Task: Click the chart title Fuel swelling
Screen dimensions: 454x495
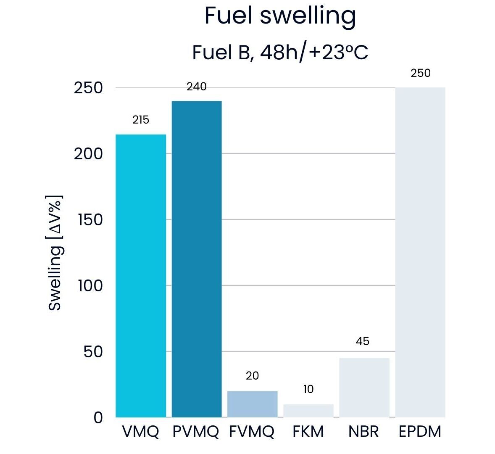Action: tap(280, 16)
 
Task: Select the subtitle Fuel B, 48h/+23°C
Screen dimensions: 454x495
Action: tap(280, 53)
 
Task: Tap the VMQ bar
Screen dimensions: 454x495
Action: tap(141, 275)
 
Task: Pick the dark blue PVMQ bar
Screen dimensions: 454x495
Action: tap(197, 259)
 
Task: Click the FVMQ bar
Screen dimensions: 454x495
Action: tap(253, 404)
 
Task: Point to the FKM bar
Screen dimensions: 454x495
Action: tap(308, 411)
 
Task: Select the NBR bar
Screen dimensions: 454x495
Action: tap(364, 388)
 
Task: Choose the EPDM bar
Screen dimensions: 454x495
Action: tap(420, 252)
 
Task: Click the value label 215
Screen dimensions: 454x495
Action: tap(141, 120)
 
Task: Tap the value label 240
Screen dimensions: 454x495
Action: tap(197, 87)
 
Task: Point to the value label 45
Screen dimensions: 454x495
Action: tap(363, 341)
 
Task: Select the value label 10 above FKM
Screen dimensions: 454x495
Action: tap(308, 389)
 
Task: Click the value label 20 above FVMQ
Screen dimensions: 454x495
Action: tap(252, 376)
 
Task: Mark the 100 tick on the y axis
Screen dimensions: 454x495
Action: tap(90, 286)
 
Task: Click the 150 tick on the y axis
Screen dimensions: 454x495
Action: tap(90, 220)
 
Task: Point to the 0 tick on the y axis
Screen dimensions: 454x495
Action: tap(98, 418)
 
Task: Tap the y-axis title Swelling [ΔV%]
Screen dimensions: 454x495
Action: tap(55, 253)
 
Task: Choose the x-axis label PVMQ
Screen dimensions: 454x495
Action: tap(196, 432)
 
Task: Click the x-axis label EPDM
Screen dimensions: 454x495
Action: tap(420, 432)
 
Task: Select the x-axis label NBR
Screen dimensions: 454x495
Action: tap(364, 432)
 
